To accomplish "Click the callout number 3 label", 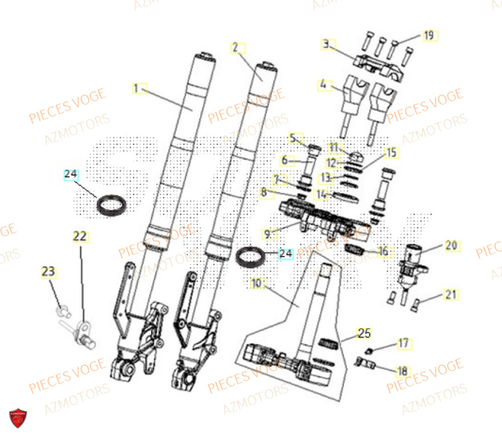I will point(326,44).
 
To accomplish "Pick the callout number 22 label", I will point(80,236).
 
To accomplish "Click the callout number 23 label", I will point(48,272).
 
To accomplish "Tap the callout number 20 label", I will point(451,245).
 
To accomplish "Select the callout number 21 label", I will point(451,295).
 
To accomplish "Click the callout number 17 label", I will point(403,344).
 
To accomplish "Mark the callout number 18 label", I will point(402,371).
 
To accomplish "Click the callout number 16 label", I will point(383,251).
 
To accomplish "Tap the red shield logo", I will point(18,418).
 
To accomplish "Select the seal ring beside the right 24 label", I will point(251,256).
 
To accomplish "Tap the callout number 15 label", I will point(390,152).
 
